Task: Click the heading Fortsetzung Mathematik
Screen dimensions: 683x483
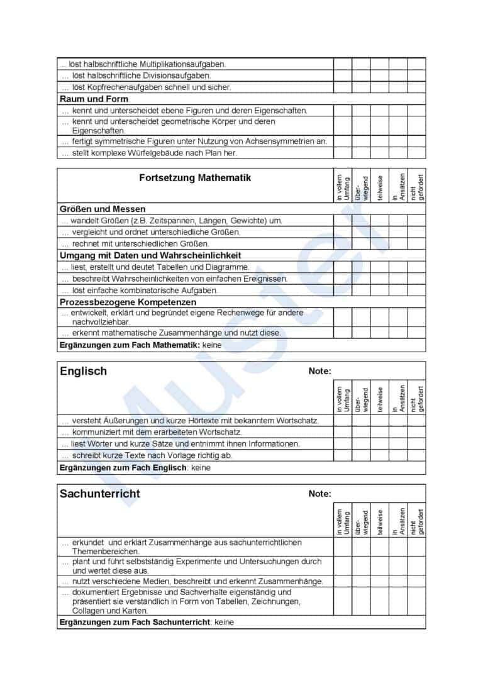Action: click(x=195, y=178)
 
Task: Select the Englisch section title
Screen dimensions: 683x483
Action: click(x=83, y=371)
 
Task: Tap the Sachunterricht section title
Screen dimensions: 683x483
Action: click(x=100, y=494)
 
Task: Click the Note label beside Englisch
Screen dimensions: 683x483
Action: click(x=319, y=371)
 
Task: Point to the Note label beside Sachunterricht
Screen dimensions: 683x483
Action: click(x=319, y=494)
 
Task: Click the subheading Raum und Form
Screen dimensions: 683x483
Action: click(x=94, y=99)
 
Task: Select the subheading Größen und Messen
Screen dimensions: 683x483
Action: click(x=103, y=209)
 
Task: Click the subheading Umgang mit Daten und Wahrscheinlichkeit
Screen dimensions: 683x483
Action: click(x=150, y=255)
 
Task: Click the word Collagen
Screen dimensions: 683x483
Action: click(x=89, y=611)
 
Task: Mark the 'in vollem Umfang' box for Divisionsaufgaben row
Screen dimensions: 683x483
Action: click(x=342, y=75)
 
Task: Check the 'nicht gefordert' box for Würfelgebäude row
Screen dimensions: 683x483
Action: click(x=416, y=153)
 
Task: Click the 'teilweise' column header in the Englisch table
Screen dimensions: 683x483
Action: click(x=380, y=399)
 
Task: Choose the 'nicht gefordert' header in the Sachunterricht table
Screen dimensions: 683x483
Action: click(x=418, y=522)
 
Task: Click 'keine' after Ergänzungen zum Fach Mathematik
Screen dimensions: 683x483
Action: click(x=212, y=345)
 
